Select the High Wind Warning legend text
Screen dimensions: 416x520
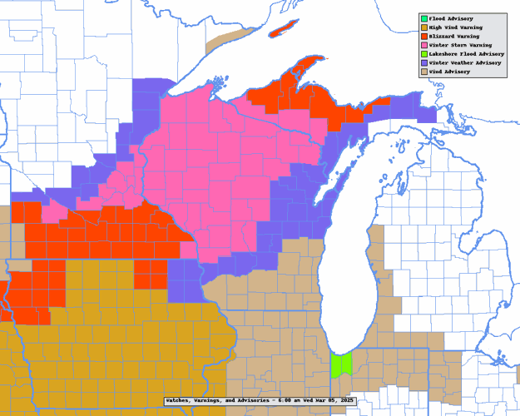point(453,27)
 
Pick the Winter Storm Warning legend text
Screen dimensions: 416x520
point(459,45)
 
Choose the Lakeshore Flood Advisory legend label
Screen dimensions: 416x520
point(466,54)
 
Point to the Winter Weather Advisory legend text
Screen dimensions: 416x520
point(464,62)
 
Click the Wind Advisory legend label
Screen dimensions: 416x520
point(449,72)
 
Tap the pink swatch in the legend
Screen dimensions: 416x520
point(423,45)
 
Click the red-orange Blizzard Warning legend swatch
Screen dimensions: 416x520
point(423,36)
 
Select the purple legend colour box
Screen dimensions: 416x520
point(423,62)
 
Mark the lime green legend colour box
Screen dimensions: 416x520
point(423,54)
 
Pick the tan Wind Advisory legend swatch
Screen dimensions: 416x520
point(423,72)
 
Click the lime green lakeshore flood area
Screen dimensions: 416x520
point(341,364)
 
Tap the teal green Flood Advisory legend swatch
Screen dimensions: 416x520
point(423,18)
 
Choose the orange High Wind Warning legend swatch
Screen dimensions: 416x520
point(423,27)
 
